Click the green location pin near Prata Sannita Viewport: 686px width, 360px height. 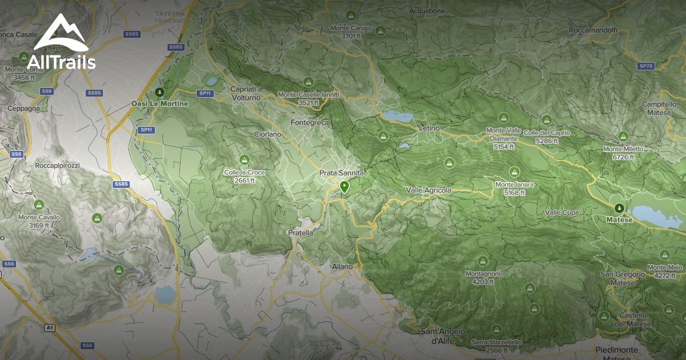(344, 186)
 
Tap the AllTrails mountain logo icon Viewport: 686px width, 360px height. (61, 33)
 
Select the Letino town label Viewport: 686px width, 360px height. (429, 129)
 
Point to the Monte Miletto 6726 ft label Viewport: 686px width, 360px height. (624, 153)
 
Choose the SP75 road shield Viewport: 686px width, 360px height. (646, 66)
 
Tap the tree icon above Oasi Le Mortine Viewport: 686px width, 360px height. (159, 92)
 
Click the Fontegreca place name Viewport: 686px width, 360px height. (310, 123)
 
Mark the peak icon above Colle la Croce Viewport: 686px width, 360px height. (244, 159)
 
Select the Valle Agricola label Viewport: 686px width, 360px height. (429, 190)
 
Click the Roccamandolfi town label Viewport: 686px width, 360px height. (595, 30)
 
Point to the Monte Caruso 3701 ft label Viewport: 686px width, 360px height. (351, 32)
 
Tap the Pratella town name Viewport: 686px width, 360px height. (300, 233)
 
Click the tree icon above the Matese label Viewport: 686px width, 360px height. (619, 208)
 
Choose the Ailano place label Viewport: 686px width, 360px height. (342, 266)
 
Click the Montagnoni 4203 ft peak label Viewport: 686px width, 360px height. (482, 278)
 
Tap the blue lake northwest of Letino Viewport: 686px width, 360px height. (397, 116)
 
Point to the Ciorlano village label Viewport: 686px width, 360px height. (268, 134)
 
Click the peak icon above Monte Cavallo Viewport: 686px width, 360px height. (39, 205)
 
